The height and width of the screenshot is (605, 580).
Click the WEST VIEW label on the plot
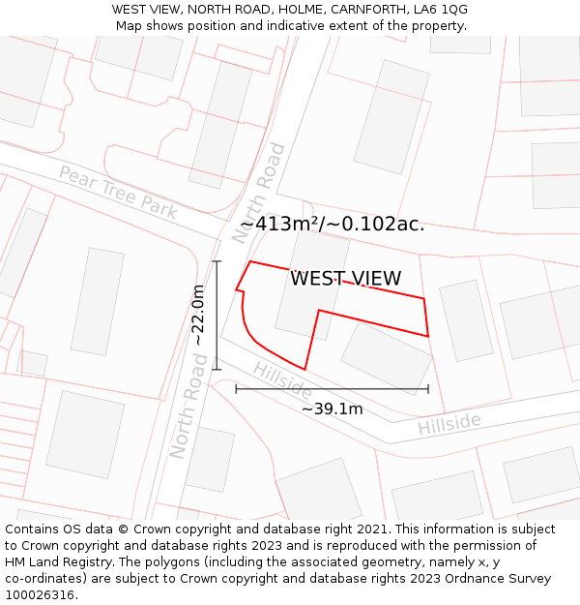click(x=345, y=279)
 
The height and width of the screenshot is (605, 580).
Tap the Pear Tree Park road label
click(x=118, y=192)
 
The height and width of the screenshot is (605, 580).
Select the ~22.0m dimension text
click(x=198, y=315)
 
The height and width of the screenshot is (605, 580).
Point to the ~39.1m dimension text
click(x=332, y=409)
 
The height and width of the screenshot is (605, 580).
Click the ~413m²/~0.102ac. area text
click(x=332, y=224)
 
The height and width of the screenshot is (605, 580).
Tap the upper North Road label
click(x=261, y=192)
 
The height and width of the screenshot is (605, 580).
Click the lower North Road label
click(x=188, y=405)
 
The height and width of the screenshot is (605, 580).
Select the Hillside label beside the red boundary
click(x=281, y=378)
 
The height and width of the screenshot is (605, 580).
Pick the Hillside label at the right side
click(x=449, y=424)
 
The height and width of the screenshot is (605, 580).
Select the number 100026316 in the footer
click(x=41, y=595)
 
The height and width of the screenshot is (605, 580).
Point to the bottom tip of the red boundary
click(x=304, y=369)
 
